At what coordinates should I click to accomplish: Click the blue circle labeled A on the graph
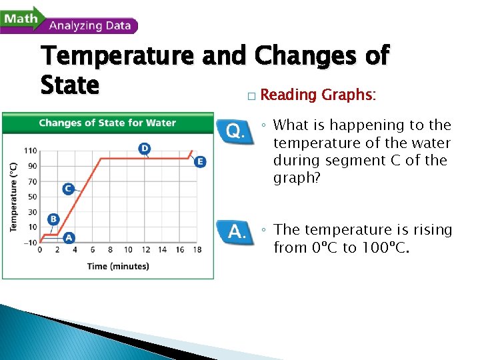point(68,237)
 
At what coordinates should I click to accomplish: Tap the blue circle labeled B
point(53,219)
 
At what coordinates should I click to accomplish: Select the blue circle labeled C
point(68,189)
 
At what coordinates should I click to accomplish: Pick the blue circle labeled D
point(144,148)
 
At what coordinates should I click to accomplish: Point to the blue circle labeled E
point(200,161)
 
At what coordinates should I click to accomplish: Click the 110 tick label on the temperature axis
point(31,151)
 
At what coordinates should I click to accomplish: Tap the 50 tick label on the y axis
point(33,196)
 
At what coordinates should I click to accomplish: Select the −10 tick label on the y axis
point(30,242)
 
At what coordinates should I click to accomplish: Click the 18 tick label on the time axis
point(197,250)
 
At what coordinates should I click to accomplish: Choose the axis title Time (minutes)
point(118,267)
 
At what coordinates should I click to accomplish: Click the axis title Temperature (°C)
point(13,197)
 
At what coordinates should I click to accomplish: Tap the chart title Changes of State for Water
point(107,123)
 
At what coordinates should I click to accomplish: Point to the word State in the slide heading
point(69,85)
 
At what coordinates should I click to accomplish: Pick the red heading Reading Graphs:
point(318,95)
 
